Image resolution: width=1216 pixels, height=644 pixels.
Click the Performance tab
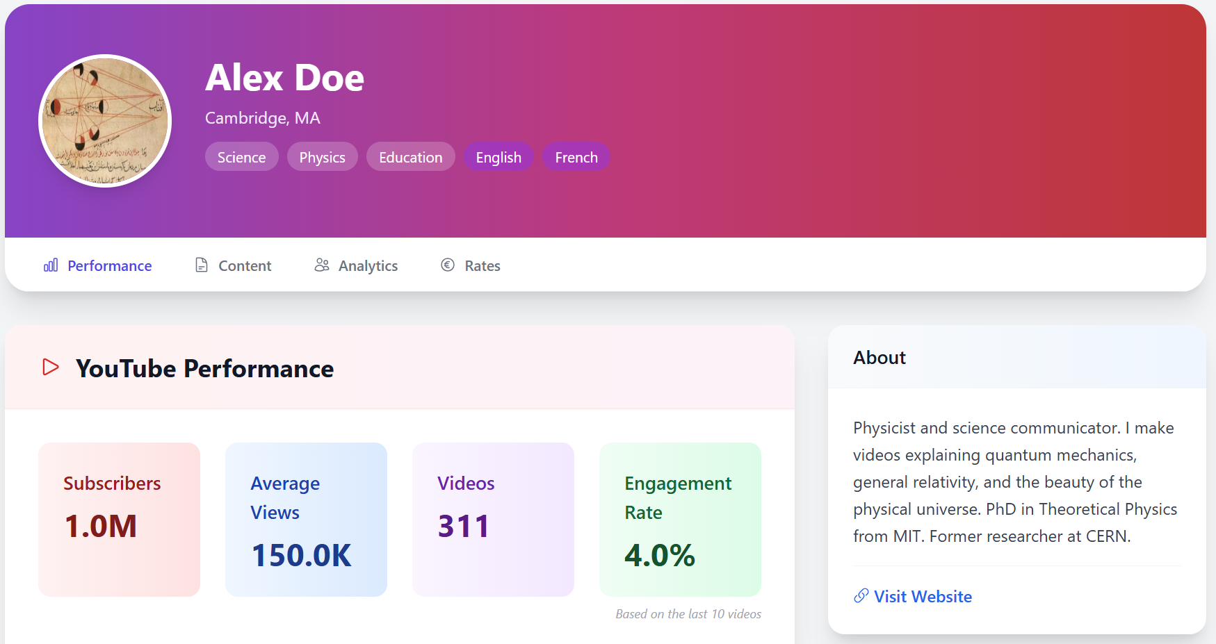point(97,265)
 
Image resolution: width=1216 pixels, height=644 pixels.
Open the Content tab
point(233,265)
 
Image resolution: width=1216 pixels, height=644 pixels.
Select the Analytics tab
point(356,265)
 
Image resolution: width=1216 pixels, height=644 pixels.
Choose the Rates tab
point(471,265)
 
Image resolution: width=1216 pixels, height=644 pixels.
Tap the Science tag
point(241,157)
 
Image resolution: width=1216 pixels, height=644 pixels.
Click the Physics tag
point(322,157)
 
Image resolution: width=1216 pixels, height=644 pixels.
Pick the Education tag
point(410,157)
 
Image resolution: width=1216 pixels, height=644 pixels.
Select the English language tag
point(498,157)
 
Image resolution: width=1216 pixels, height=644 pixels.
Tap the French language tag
point(576,157)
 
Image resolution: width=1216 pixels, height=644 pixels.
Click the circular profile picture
point(105,121)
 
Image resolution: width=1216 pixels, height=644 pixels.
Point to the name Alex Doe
point(284,77)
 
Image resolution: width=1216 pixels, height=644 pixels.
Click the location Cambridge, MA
point(263,118)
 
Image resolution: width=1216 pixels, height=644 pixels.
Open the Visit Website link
point(913,596)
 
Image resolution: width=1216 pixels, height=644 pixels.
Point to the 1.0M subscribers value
point(101,526)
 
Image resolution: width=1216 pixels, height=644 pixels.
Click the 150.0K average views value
point(302,555)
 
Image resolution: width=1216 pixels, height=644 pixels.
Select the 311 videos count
point(464,526)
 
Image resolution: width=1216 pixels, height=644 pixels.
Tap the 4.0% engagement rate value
point(660,555)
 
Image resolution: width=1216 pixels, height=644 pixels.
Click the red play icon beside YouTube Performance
point(51,367)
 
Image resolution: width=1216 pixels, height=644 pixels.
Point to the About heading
point(879,357)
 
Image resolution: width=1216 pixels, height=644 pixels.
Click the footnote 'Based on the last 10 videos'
point(688,614)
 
